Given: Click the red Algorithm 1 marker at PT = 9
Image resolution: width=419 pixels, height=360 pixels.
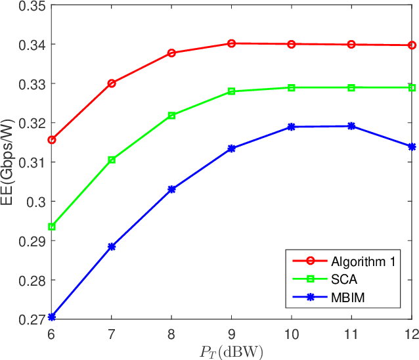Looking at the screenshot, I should coord(232,43).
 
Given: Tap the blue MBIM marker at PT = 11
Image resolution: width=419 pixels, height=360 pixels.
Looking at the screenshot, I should coord(352,126).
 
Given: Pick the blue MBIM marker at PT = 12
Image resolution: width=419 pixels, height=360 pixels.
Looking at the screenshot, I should coord(412,147).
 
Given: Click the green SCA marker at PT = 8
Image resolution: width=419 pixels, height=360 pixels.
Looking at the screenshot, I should coord(172,116).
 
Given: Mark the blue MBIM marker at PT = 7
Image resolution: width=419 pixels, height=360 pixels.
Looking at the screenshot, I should coord(112,247).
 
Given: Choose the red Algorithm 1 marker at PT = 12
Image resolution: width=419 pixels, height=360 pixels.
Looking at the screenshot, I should coord(412,45).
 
